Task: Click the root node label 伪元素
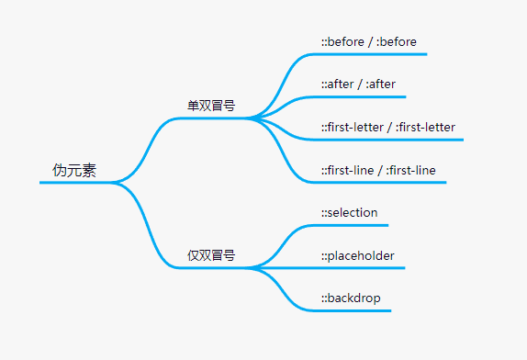[x=74, y=171]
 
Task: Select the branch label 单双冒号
[x=211, y=106]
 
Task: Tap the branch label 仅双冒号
[x=211, y=255]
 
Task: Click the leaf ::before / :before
[x=368, y=41]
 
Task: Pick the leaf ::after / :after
[x=358, y=84]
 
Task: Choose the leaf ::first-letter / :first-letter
[x=388, y=127]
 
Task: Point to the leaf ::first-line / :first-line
[x=378, y=170]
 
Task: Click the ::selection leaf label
[x=349, y=213]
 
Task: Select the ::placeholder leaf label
[x=357, y=255]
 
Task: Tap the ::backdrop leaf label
[x=350, y=298]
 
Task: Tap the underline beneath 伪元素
[x=73, y=183]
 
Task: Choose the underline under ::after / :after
[x=363, y=96]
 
